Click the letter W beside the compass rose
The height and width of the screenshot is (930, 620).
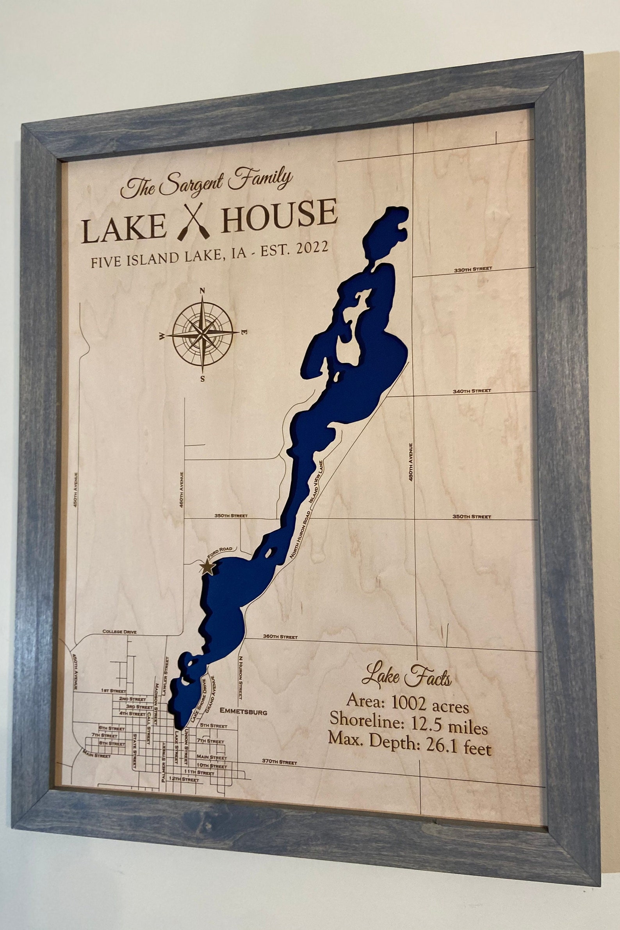(162, 337)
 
